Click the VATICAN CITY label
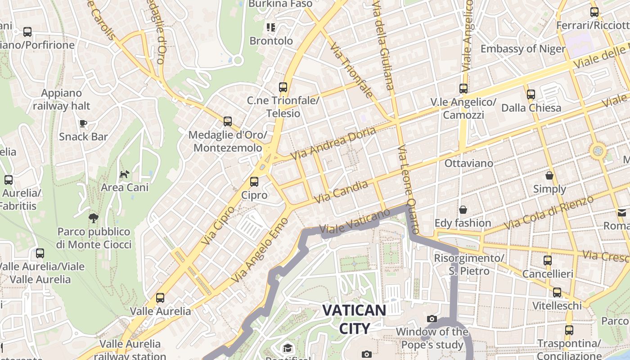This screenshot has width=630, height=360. coord(354,319)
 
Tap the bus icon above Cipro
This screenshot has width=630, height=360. coord(254,182)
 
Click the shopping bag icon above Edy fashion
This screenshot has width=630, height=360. coord(463,210)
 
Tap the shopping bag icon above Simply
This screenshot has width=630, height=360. coord(549,175)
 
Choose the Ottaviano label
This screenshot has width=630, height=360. coord(468,163)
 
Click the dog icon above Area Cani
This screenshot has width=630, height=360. coord(124,174)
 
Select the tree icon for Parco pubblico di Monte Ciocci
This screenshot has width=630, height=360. coord(94,219)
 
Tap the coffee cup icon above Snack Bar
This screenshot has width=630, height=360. coord(83,123)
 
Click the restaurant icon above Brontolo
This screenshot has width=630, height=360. coord(270,27)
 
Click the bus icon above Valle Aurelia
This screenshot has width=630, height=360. coord(160,298)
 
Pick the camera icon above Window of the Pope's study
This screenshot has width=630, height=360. coord(432,319)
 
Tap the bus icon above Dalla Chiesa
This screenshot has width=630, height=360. coord(531,94)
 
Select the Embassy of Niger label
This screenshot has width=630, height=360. coord(523,49)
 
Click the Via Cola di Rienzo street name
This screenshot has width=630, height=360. coord(549,213)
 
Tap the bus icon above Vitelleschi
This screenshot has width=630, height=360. coord(557,292)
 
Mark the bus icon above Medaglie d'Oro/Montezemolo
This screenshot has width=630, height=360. coord(228,121)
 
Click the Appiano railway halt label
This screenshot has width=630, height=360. coord(62,99)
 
